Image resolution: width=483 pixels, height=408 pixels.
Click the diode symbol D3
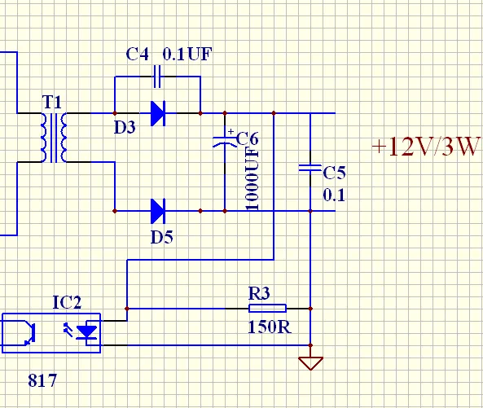tap(158, 113)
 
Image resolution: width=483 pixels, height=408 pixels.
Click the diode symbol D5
tap(158, 211)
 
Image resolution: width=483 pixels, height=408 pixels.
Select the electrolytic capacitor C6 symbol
tap(225, 141)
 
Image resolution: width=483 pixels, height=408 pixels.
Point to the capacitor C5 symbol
tap(310, 168)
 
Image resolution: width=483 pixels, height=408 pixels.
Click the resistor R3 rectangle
tap(267, 308)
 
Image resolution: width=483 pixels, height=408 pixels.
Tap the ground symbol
tap(310, 363)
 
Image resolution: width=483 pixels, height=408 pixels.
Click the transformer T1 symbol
tap(54, 138)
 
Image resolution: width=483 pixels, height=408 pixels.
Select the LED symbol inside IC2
tap(87, 332)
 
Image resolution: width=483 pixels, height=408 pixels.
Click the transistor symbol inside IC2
tap(27, 332)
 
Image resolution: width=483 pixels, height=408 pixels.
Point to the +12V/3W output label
tap(426, 147)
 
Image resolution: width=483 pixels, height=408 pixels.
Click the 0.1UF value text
tap(187, 55)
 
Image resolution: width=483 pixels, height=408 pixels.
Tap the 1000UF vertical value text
tap(252, 179)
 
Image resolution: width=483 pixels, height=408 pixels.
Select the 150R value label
tap(270, 327)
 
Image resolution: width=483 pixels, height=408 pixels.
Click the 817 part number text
tap(42, 380)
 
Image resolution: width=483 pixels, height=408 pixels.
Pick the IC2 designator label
tap(67, 302)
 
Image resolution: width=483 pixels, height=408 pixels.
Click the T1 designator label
tap(52, 102)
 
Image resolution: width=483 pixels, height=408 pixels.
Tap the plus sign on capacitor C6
tap(231, 131)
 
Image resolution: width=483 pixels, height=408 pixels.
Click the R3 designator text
tap(259, 293)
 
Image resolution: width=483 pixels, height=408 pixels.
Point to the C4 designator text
tap(138, 55)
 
